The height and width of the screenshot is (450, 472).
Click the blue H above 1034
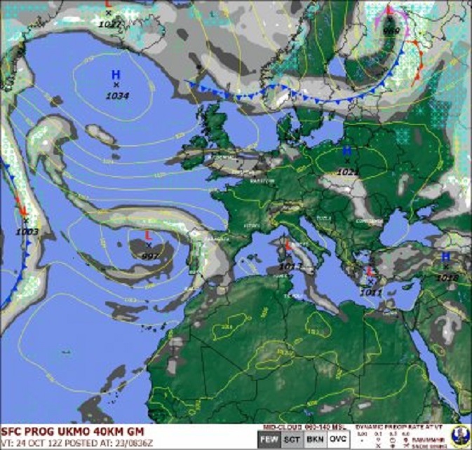click(116, 74)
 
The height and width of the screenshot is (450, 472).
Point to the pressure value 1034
click(117, 95)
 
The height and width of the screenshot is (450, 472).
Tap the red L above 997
click(148, 236)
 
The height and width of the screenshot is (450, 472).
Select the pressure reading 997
click(149, 256)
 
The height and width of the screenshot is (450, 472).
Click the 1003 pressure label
click(27, 231)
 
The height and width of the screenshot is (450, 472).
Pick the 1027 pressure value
click(109, 24)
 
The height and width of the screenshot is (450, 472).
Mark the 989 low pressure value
click(391, 31)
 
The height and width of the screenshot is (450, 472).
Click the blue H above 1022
click(346, 151)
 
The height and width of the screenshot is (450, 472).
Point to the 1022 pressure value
click(347, 172)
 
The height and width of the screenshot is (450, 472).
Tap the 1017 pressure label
click(290, 266)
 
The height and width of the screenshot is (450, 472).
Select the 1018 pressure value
click(447, 278)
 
